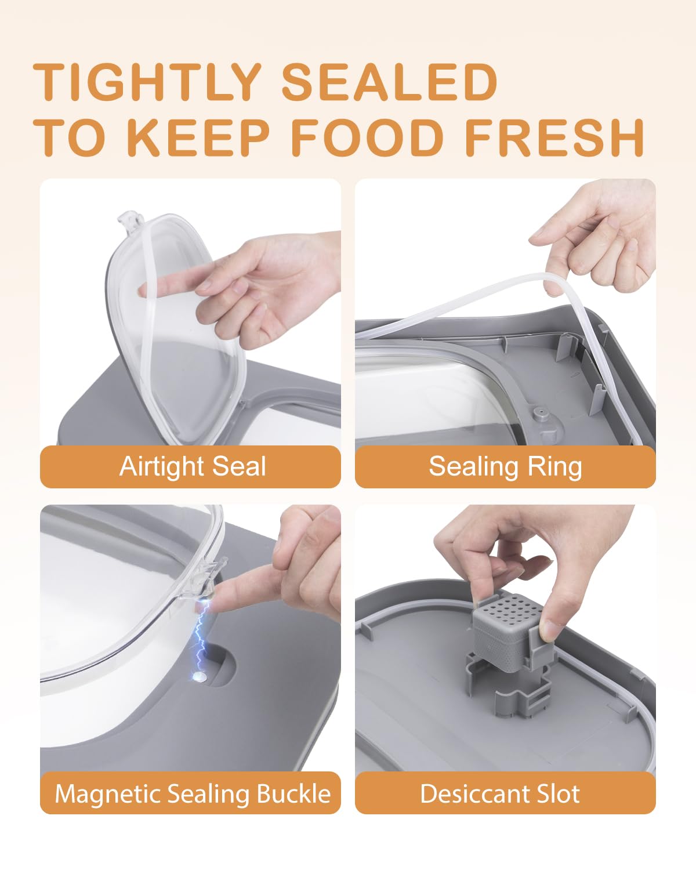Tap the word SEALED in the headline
click(389, 82)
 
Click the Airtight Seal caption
click(192, 466)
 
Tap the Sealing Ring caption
click(505, 466)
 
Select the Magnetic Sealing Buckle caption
click(192, 793)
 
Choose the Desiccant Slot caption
click(499, 793)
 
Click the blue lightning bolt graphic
click(201, 635)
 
